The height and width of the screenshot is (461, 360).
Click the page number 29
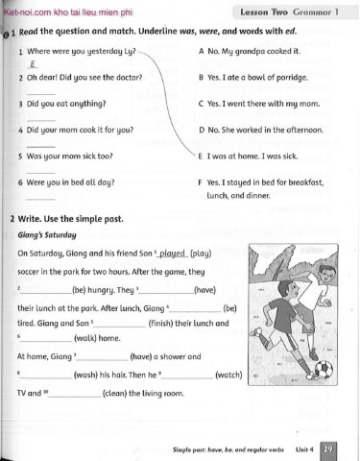click(x=329, y=448)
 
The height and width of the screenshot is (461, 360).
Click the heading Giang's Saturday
click(x=46, y=234)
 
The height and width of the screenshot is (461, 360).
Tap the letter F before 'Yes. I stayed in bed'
click(x=199, y=181)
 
